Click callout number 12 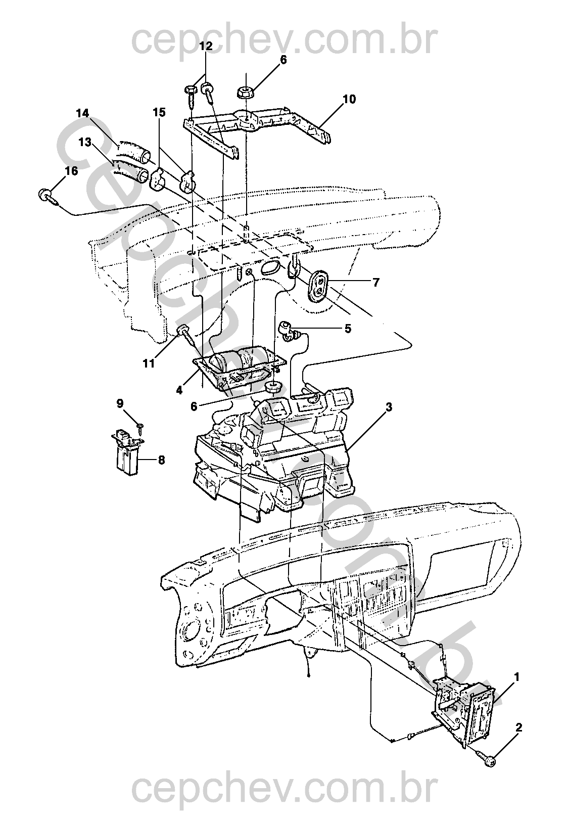coord(206,45)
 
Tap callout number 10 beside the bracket coord(349,99)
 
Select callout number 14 coord(83,114)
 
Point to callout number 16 coord(71,171)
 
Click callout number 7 coord(375,283)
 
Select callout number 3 coord(388,406)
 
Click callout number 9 coord(120,403)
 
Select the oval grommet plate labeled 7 coord(318,285)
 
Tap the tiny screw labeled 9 coord(140,427)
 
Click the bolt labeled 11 coord(184,332)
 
